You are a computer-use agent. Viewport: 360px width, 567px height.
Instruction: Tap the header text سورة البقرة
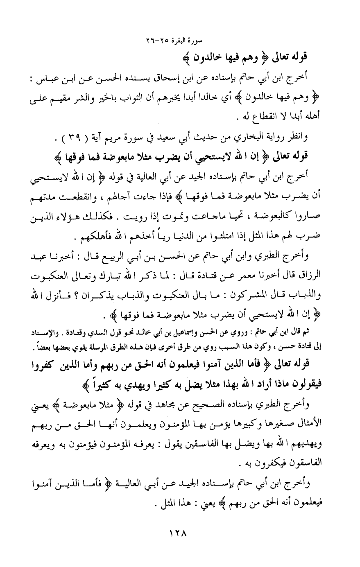click(191, 42)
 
